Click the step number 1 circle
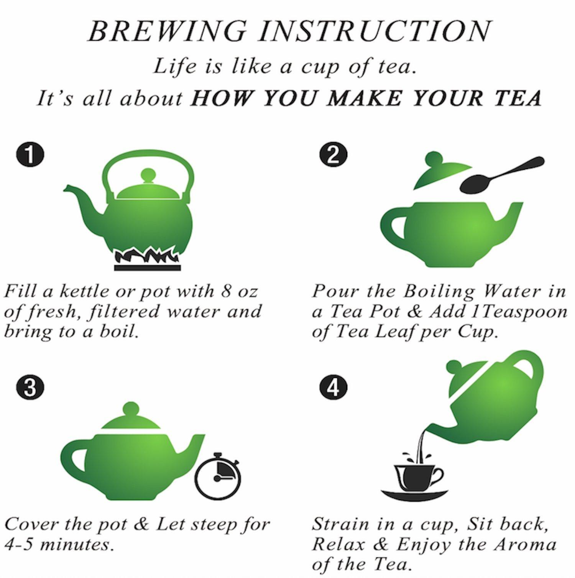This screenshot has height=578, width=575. coord(30,155)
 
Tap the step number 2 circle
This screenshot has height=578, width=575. coord(333,155)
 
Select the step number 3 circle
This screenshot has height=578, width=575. coord(30,388)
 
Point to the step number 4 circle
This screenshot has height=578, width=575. coord(333,388)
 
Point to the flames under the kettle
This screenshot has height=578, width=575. coord(147,255)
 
